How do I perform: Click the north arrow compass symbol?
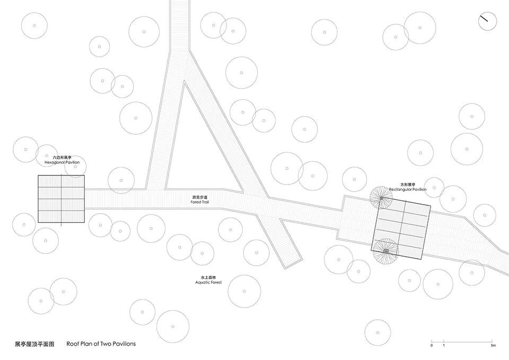pyautogui.click(x=487, y=21)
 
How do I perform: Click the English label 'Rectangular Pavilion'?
pyautogui.click(x=407, y=189)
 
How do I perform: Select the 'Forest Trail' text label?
pyautogui.click(x=200, y=202)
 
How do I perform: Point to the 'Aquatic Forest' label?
pyautogui.click(x=208, y=283)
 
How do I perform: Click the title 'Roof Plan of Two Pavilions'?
pyautogui.click(x=101, y=344)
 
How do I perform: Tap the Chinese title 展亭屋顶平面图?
pyautogui.click(x=34, y=344)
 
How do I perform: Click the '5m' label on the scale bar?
pyautogui.click(x=493, y=346)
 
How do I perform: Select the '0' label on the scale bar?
pyautogui.click(x=432, y=346)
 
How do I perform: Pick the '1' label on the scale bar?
pyautogui.click(x=444, y=346)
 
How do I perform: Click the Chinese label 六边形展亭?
pyautogui.click(x=62, y=157)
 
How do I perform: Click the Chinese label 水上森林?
pyautogui.click(x=208, y=277)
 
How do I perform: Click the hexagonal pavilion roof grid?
pyautogui.click(x=62, y=199)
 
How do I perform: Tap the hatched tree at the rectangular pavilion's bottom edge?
pyautogui.click(x=385, y=250)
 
